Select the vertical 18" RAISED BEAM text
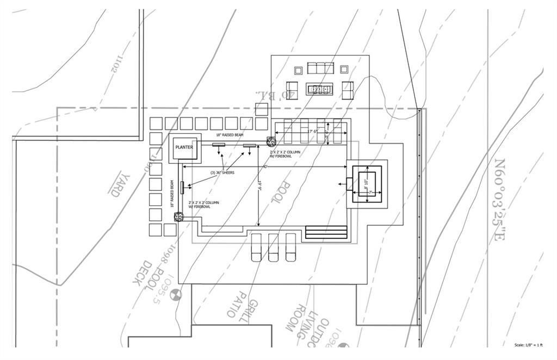pyautogui.click(x=172, y=194)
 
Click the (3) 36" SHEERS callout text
pyautogui.click(x=223, y=173)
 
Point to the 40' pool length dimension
pyautogui.click(x=265, y=166)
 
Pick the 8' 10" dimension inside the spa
pyautogui.click(x=366, y=183)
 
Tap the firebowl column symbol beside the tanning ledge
pyautogui.click(x=270, y=141)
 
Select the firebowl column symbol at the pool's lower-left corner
pyautogui.click(x=178, y=218)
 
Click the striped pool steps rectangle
pyautogui.click(x=326, y=232)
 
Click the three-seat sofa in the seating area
pyautogui.click(x=320, y=68)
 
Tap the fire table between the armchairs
pyautogui.click(x=320, y=88)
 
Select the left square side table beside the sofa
pyautogui.click(x=298, y=70)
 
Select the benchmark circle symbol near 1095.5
pyautogui.click(x=176, y=295)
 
